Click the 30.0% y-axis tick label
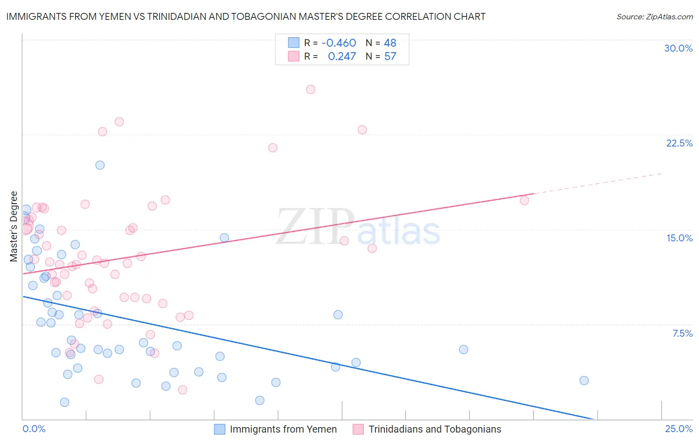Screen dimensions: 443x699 tap(678, 48)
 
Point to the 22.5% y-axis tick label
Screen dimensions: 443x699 tap(679, 143)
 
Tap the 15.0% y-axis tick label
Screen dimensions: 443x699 tap(679, 238)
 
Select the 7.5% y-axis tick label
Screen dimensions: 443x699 tap(682, 333)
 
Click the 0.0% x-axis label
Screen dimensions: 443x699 tap(34, 429)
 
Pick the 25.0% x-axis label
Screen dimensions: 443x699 tap(679, 429)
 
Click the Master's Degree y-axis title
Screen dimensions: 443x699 tap(14, 226)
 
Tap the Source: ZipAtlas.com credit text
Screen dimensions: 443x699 tap(654, 16)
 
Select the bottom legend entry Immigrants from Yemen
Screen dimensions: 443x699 tap(283, 429)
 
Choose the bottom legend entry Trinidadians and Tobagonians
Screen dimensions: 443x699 tap(435, 429)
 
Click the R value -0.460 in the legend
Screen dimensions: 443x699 tap(339, 43)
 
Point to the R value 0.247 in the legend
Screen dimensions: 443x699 tap(342, 57)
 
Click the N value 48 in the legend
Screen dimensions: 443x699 tap(390, 43)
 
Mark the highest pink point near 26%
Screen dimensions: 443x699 tap(311, 89)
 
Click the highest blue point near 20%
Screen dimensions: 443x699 tap(100, 165)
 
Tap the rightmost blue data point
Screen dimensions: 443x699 tap(584, 380)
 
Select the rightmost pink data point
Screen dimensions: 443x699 tap(524, 201)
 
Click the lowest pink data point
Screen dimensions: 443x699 tap(182, 390)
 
